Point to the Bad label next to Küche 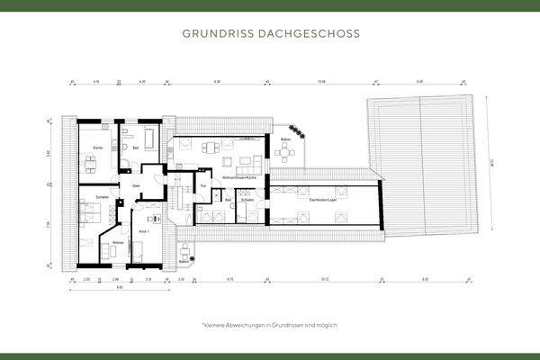135,146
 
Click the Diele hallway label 137,185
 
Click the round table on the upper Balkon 287,154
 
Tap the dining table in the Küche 90,161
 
